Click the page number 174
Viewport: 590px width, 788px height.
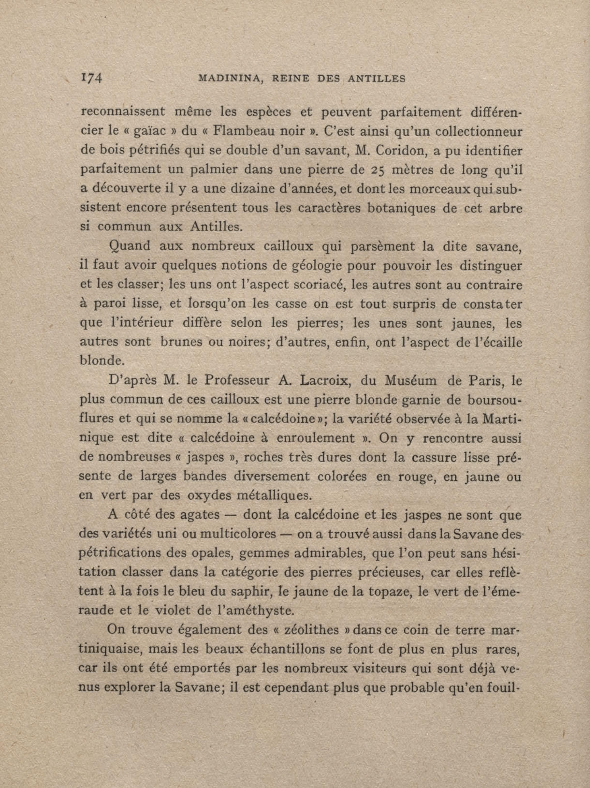coord(92,78)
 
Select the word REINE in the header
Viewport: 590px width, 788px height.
coord(291,79)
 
